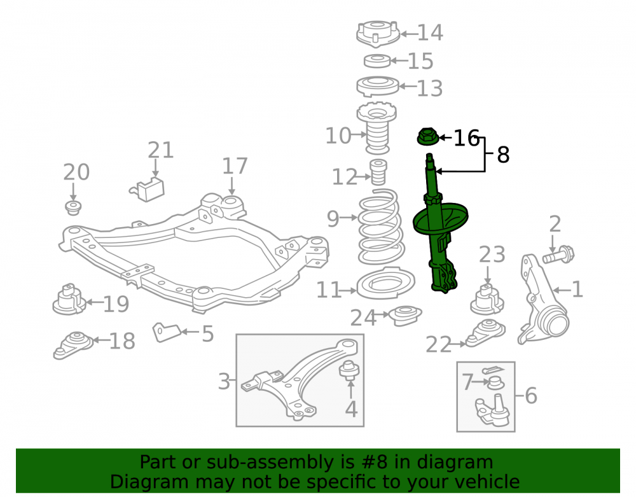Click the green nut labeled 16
(427, 136)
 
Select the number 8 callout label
(503, 155)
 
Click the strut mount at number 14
(378, 33)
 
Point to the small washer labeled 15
(377, 61)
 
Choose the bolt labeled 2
(558, 255)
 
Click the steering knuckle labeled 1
(543, 300)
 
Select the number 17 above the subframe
(235, 166)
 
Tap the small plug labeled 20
(73, 207)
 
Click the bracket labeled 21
(148, 189)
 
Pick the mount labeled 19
(69, 300)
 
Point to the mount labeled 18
(73, 345)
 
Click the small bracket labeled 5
(166, 332)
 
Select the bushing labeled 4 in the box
(349, 369)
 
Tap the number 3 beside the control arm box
(224, 381)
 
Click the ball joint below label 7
(492, 412)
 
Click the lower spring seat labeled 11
(385, 283)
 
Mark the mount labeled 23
(487, 300)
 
